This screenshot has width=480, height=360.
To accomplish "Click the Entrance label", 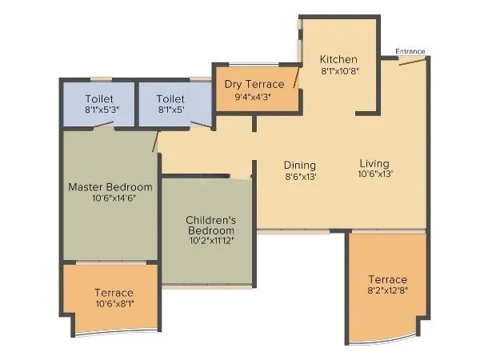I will coord(410,52).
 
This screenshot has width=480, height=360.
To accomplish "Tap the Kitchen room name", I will coord(338,60).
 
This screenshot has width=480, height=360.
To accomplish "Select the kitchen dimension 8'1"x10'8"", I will coord(338,71).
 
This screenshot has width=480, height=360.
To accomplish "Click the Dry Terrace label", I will coord(254,84).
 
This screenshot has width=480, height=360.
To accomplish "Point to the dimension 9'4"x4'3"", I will coord(254,96).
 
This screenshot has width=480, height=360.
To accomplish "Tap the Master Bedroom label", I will coord(110,187).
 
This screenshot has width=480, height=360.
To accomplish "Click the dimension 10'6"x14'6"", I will coord(110,198).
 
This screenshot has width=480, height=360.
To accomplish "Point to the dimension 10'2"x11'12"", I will coord(210,239).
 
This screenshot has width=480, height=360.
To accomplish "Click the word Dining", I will coord(300,166).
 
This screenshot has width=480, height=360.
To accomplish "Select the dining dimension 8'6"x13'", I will coord(300,177).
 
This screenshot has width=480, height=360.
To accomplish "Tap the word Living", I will coord(374,162).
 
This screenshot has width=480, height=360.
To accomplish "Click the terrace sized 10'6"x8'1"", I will coord(114,298).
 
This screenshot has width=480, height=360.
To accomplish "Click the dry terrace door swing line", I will coord(297,78).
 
